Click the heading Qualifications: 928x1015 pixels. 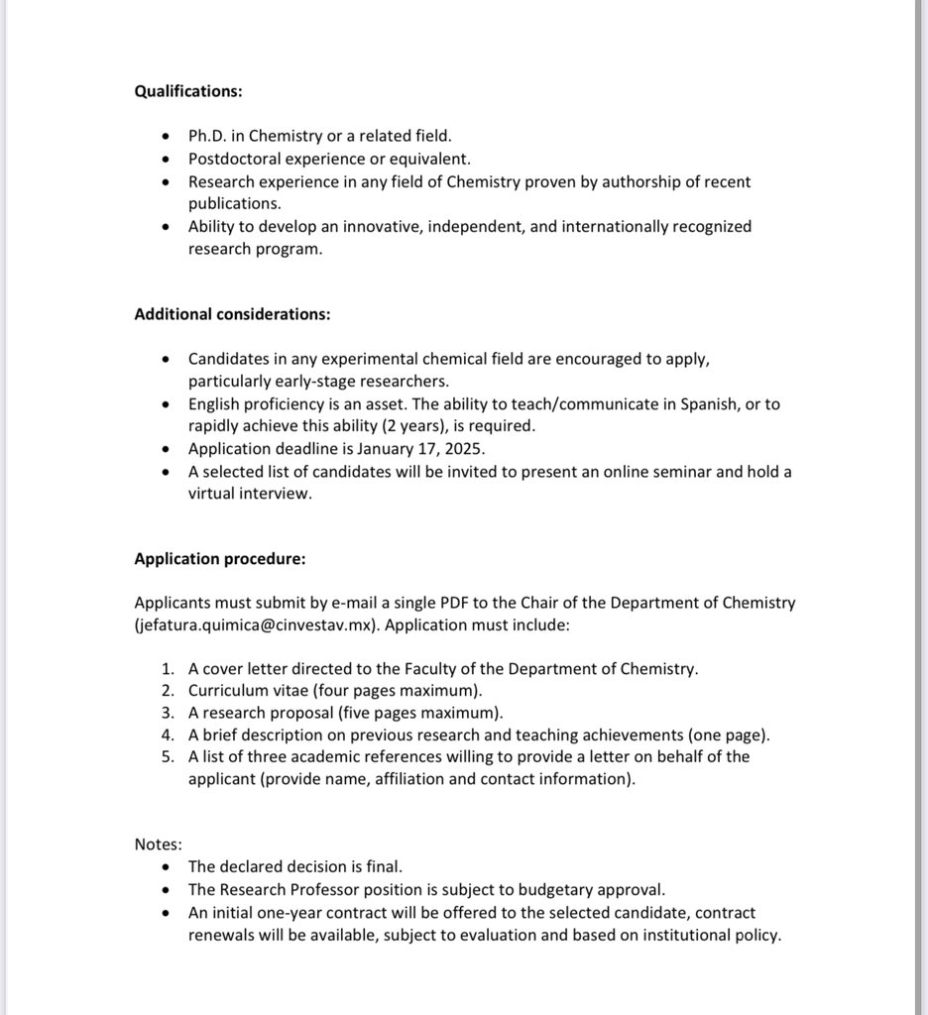187,91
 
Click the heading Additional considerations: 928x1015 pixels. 232,314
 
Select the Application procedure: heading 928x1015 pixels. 219,559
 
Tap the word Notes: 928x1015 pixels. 158,845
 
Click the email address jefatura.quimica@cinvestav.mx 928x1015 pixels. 258,625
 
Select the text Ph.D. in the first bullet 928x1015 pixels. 207,136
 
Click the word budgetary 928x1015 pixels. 547,890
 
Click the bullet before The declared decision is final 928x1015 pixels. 166,867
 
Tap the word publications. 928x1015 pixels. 234,203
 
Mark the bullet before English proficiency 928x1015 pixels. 166,404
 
